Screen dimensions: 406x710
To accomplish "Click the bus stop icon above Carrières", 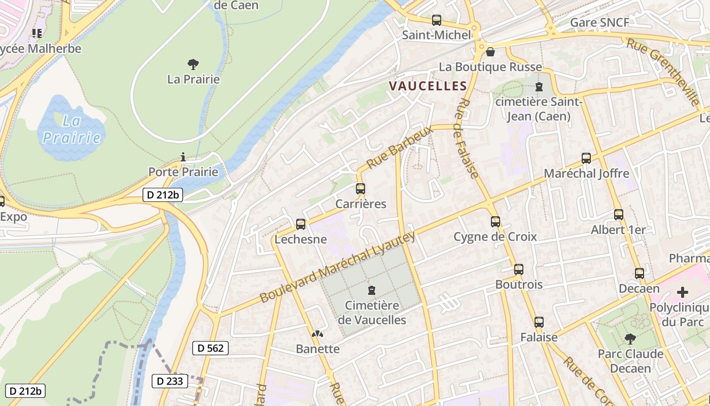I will [x=361, y=189].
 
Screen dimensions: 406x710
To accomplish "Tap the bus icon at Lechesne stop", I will [x=301, y=224].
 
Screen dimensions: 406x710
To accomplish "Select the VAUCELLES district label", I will [x=428, y=86].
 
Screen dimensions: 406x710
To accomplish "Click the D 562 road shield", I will [x=210, y=348].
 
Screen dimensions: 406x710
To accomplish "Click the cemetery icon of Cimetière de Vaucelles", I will [x=372, y=290].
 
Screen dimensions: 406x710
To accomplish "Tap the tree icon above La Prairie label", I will [x=193, y=64].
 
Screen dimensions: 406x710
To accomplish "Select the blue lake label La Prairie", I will [x=71, y=129].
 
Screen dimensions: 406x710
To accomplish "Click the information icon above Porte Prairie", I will [x=183, y=157].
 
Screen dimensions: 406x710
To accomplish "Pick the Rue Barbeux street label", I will [x=401, y=148].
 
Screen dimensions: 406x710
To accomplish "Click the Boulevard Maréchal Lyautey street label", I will [x=337, y=267].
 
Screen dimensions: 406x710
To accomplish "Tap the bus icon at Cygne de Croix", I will [x=495, y=222].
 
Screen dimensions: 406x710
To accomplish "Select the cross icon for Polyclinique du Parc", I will [x=683, y=293].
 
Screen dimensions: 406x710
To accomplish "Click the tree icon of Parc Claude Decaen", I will [x=630, y=339].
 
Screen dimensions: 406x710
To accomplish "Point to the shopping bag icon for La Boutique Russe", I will [x=490, y=52].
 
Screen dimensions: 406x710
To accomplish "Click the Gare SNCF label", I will [x=599, y=22].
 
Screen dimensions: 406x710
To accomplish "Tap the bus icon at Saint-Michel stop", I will [x=437, y=20].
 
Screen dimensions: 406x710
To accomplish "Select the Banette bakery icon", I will [x=317, y=334].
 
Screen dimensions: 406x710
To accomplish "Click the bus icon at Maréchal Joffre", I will [x=586, y=158].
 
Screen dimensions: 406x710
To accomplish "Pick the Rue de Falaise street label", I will [x=468, y=138].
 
